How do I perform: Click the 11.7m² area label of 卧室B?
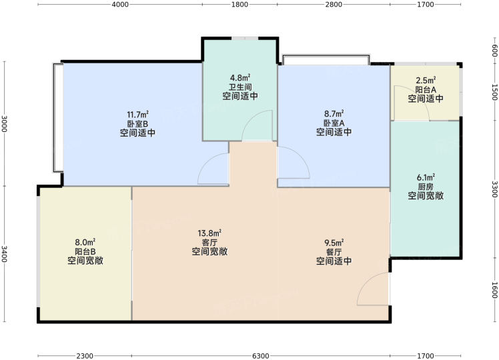coord(138,114)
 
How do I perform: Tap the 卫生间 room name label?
coord(240,87)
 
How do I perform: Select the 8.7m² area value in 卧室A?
coord(334,113)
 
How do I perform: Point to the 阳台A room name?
coord(426,90)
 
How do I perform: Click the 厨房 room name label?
coord(426,187)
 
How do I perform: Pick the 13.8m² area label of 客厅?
coord(209,233)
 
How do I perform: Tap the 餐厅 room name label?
coord(334,252)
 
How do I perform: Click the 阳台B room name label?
coord(85,251)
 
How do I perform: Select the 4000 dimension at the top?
coord(120,5)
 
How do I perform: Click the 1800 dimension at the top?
coord(239,5)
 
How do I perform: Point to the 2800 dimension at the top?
coord(334,5)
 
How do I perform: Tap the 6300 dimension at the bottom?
coord(261,356)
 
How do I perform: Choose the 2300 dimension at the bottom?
coord(85,356)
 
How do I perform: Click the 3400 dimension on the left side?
coord(4,254)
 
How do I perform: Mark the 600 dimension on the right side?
coord(494,50)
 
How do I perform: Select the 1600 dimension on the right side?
coord(494,290)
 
